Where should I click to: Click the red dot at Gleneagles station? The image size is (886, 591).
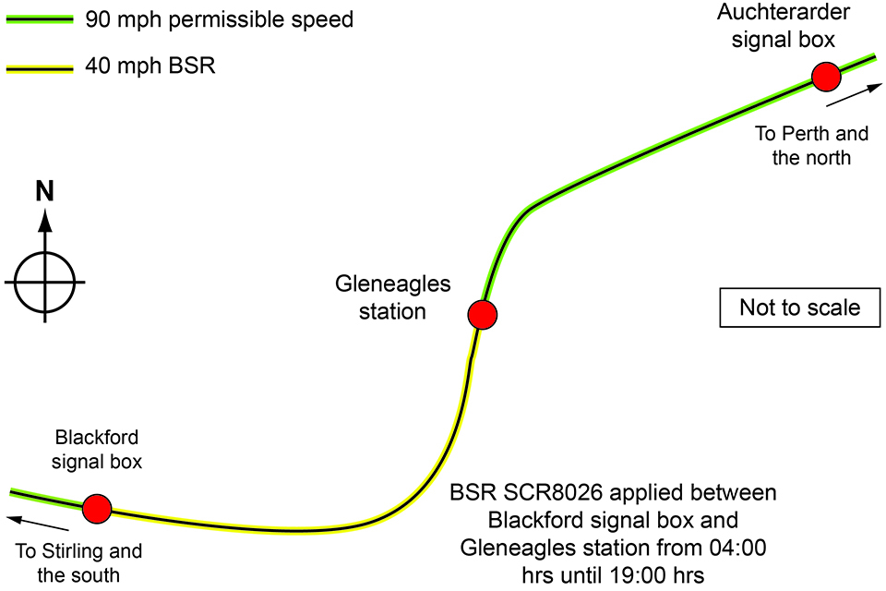pos(483,315)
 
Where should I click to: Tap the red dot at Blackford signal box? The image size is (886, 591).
pos(97,508)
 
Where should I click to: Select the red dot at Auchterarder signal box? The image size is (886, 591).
pos(825,77)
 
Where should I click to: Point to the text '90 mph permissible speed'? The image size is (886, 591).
pos(219,20)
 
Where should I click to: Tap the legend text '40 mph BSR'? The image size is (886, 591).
pos(150,66)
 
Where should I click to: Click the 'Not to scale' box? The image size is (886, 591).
pos(799,308)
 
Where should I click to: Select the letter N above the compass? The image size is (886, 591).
pos(44,191)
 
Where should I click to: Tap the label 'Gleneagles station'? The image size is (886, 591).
pos(393,297)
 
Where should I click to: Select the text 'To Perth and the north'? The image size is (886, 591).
pos(811,145)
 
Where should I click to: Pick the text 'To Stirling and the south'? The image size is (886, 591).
pos(79,562)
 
